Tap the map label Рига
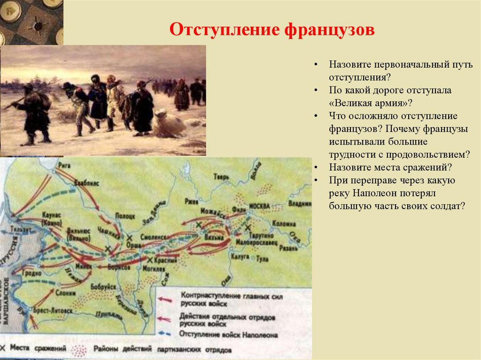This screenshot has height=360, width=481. (x=64, y=165)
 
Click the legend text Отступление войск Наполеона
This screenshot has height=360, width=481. (x=228, y=335)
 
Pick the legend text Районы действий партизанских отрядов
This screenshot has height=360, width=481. (x=163, y=350)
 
